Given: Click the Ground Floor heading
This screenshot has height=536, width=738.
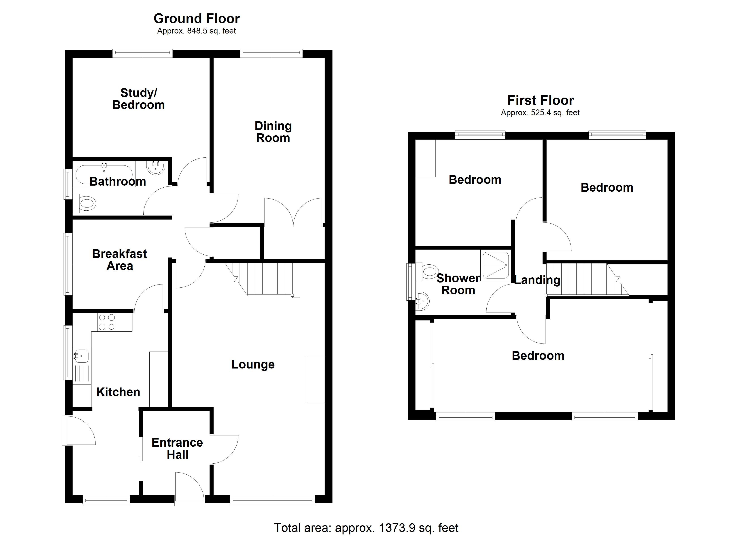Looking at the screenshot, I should [197, 19].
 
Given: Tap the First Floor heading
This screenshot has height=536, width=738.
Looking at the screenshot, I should [541, 100].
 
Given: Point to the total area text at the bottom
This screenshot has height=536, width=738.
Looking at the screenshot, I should [366, 528].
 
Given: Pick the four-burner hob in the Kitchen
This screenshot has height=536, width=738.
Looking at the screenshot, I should [107, 322].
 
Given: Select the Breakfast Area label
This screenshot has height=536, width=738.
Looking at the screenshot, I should [119, 260].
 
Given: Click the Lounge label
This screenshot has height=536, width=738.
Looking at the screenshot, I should [253, 364].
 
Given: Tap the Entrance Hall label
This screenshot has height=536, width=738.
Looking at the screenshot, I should [177, 448].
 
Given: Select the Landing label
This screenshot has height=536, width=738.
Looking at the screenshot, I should [537, 280].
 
